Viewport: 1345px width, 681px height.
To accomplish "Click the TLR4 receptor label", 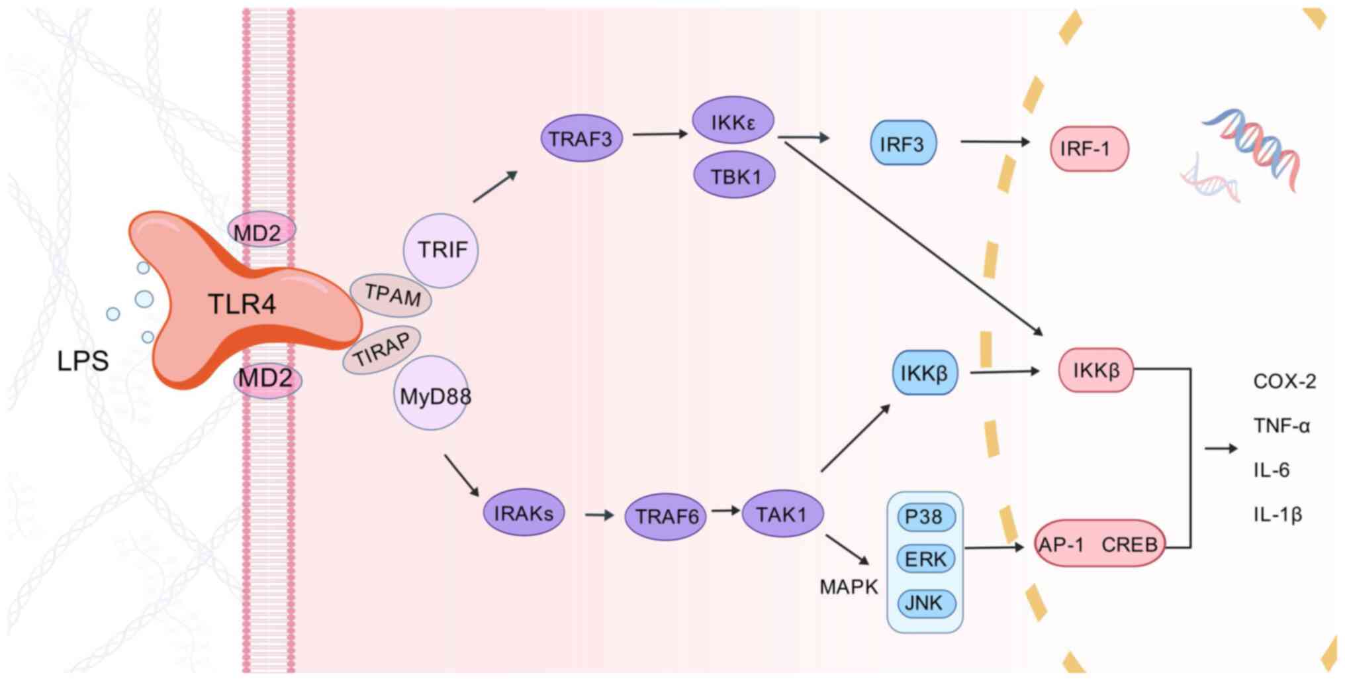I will pyautogui.click(x=242, y=304).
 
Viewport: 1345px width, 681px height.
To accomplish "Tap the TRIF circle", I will pyautogui.click(x=441, y=250).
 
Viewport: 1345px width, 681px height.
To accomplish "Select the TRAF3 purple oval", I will pyautogui.click(x=581, y=139).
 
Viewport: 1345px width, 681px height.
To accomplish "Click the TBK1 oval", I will pyautogui.click(x=735, y=176).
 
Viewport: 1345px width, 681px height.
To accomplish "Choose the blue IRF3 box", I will pyautogui.click(x=903, y=144).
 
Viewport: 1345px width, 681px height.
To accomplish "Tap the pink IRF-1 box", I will pyautogui.click(x=1089, y=149).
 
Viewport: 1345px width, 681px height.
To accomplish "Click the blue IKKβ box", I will pyautogui.click(x=924, y=374).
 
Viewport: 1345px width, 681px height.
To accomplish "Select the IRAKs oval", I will pyautogui.click(x=524, y=513).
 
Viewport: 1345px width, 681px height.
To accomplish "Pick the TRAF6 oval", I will pyautogui.click(x=665, y=516).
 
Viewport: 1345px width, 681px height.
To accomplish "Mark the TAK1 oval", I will pyautogui.click(x=782, y=514).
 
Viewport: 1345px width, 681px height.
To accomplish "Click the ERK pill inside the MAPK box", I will pyautogui.click(x=925, y=559).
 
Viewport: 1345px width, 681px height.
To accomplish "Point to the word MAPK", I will pyautogui.click(x=848, y=587).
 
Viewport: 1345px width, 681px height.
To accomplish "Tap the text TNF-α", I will pyautogui.click(x=1281, y=425).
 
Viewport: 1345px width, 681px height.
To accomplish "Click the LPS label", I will pyautogui.click(x=83, y=361).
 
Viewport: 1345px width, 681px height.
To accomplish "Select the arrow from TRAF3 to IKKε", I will pyautogui.click(x=659, y=134).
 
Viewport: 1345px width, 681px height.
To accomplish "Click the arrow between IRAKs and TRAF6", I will pyautogui.click(x=600, y=515).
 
